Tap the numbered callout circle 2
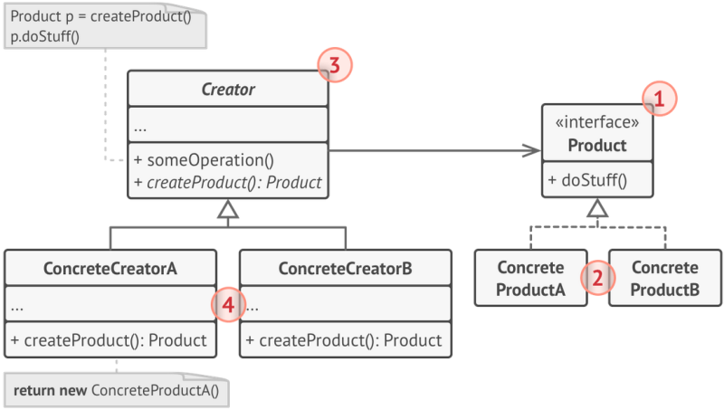(x=597, y=277)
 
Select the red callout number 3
(x=334, y=65)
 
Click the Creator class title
(x=228, y=90)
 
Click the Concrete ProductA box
(x=530, y=278)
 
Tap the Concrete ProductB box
(x=664, y=278)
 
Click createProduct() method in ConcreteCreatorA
(x=110, y=340)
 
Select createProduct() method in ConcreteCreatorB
(x=345, y=340)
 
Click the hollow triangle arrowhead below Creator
(x=228, y=211)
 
